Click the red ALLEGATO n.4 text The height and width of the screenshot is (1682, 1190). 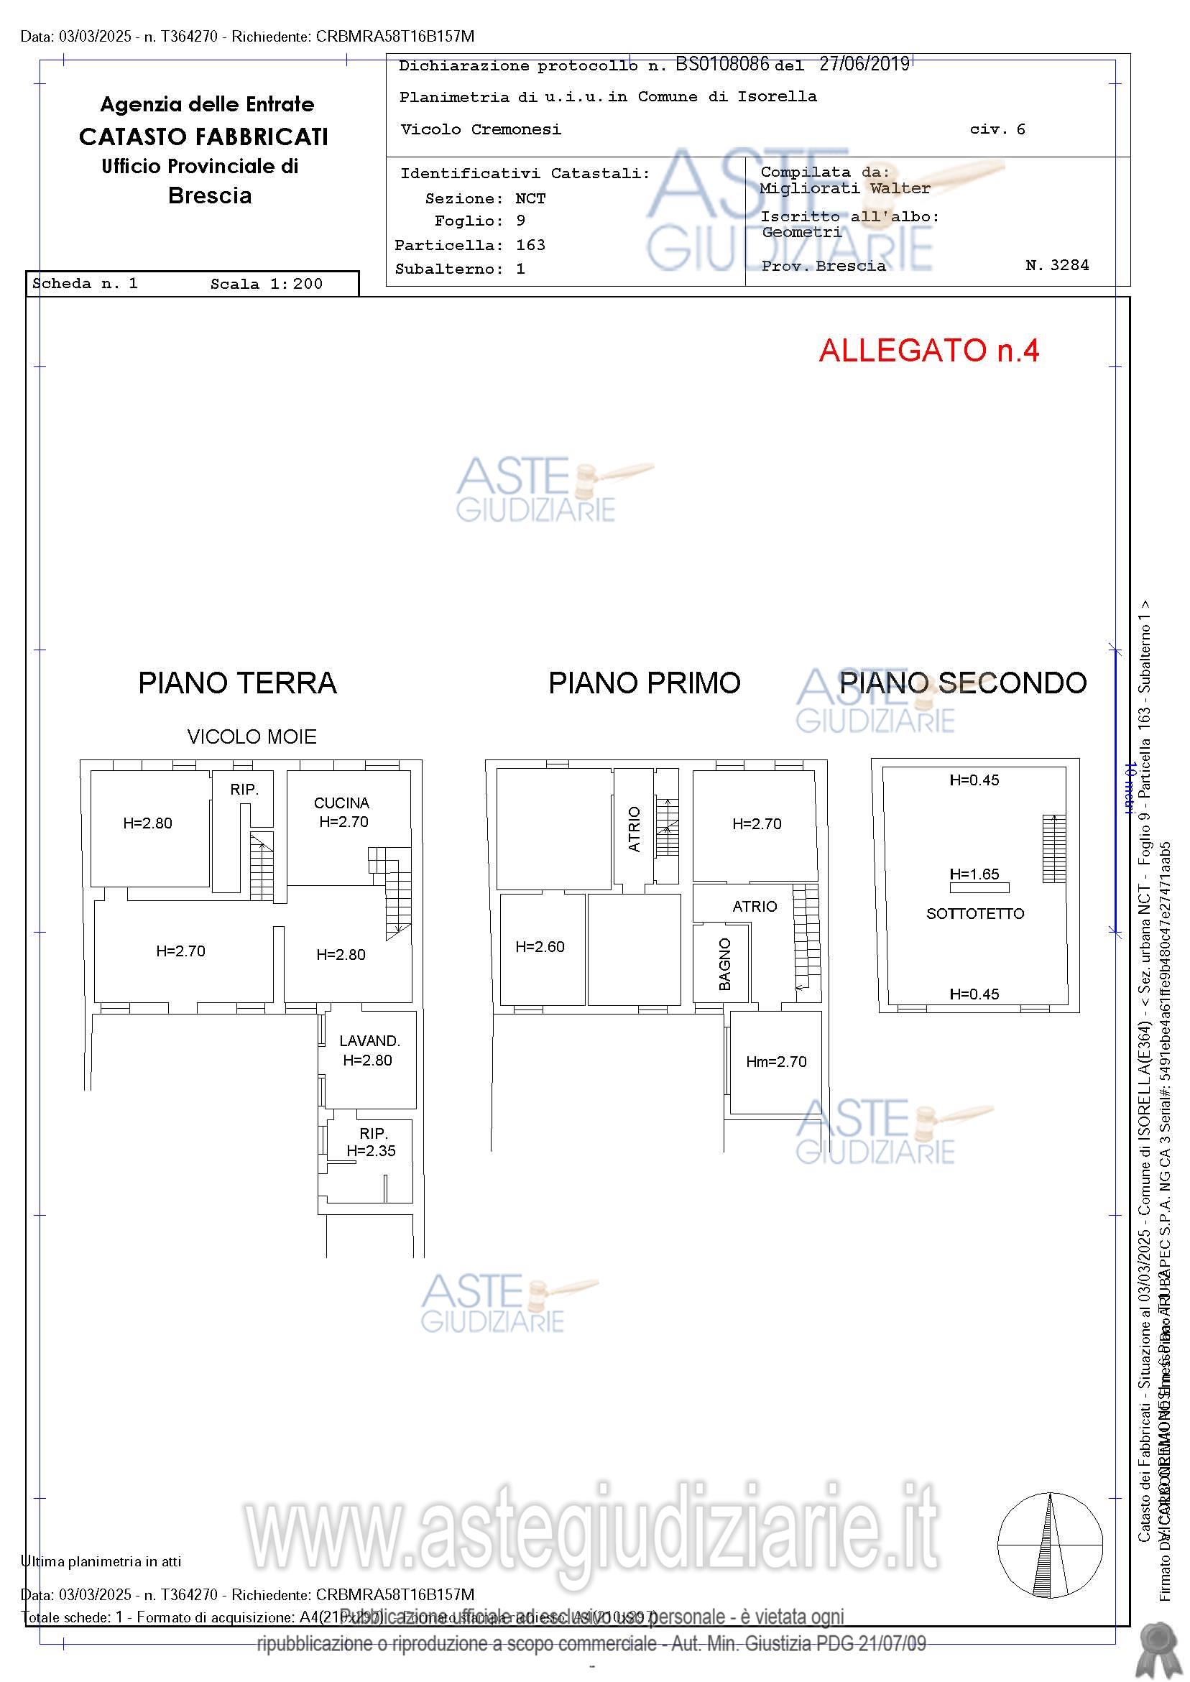click(x=928, y=351)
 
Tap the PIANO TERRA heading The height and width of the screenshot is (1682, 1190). click(x=237, y=683)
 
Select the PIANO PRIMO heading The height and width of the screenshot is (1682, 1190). click(x=644, y=683)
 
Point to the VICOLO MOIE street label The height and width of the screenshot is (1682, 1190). click(x=252, y=737)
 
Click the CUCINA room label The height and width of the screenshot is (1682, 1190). click(x=341, y=803)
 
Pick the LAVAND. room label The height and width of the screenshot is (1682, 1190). click(x=369, y=1040)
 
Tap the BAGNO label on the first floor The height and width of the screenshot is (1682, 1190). click(x=724, y=964)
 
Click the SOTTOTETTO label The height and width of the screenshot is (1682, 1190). click(x=974, y=913)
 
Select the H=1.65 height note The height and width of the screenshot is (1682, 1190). click(x=974, y=874)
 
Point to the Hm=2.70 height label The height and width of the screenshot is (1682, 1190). click(x=776, y=1061)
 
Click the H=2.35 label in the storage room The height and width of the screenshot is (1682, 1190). click(x=371, y=1151)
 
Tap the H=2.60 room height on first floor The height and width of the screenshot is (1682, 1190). click(x=540, y=946)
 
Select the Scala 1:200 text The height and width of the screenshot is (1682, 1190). click(x=266, y=285)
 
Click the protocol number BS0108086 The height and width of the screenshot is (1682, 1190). click(x=721, y=65)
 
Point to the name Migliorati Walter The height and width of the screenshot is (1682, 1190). click(x=845, y=188)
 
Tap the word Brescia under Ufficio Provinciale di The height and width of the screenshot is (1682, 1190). click(x=210, y=195)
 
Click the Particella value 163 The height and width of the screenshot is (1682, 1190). click(x=530, y=245)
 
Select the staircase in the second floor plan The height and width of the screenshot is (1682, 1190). click(x=1053, y=849)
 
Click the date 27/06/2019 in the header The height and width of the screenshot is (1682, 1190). click(x=864, y=65)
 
